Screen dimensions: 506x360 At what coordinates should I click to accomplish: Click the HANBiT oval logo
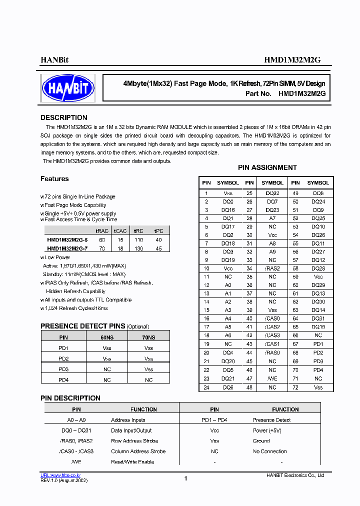(x=68, y=89)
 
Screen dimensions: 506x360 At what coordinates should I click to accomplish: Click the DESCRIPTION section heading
(x=63, y=118)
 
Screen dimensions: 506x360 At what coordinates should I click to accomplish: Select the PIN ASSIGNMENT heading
(x=267, y=167)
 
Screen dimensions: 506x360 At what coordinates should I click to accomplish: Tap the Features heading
(x=54, y=179)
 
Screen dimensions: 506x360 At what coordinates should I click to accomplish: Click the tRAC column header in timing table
(x=101, y=231)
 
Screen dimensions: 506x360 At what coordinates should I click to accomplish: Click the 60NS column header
(x=107, y=337)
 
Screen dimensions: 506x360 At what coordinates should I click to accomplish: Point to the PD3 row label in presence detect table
(x=63, y=369)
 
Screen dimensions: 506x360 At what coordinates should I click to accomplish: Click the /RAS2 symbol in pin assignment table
(x=272, y=268)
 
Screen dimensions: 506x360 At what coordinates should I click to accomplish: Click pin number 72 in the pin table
(x=295, y=387)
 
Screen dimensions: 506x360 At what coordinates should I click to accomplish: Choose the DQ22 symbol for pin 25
(x=272, y=193)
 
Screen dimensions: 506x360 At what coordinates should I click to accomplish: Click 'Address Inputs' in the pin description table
(x=128, y=420)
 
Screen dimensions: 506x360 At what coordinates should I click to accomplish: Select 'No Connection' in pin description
(x=269, y=451)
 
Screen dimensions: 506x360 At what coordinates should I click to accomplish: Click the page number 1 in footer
(x=185, y=478)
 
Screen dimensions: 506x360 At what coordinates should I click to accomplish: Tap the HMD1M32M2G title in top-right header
(x=292, y=59)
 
